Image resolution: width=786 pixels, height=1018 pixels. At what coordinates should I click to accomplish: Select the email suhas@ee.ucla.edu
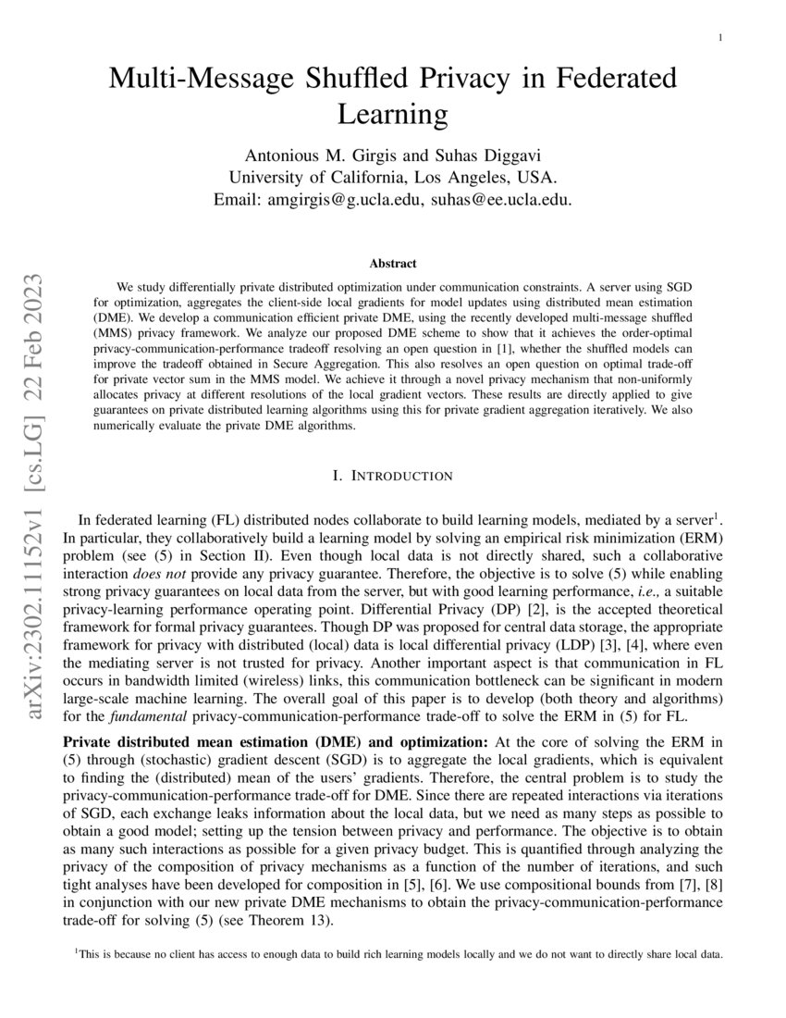point(502,198)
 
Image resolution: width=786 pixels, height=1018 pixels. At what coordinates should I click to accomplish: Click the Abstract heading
point(392,264)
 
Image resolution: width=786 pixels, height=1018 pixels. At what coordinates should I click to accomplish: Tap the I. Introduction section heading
point(392,476)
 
